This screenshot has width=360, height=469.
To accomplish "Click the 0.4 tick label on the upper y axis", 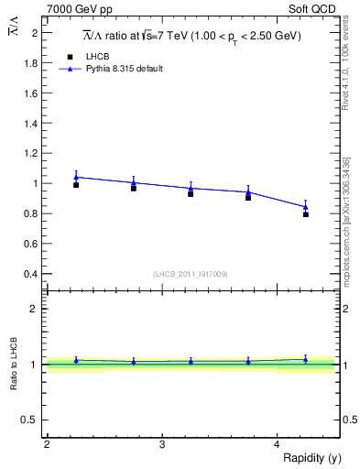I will tap(33, 274).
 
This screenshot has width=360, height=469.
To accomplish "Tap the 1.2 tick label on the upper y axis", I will tap(33, 153).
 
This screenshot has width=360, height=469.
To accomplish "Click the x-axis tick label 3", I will tap(161, 443).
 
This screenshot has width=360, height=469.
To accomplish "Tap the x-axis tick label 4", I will tap(277, 443).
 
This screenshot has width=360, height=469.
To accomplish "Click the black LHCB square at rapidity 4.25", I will tap(305, 214).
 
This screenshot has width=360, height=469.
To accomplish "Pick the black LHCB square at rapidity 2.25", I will tap(76, 185).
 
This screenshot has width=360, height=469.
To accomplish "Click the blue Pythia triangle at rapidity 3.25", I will tap(191, 188).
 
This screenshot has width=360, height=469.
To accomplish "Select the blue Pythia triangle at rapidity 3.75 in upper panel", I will tap(248, 192).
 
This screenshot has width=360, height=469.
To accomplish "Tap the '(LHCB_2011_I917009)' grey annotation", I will tap(191, 274).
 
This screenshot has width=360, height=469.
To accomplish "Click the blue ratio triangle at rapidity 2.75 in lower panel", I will tap(134, 362).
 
